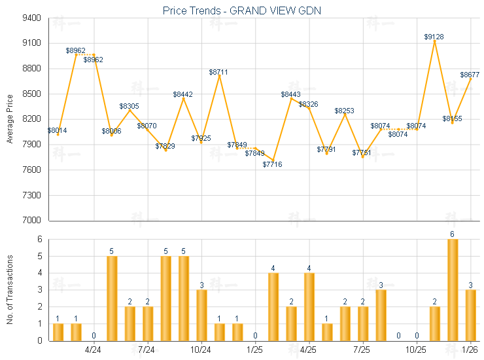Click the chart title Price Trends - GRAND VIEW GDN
[241, 10]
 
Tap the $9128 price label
[434, 37]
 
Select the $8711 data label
[219, 71]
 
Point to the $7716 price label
[273, 164]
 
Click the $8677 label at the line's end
[470, 75]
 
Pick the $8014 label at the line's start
[57, 130]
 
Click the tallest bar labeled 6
[453, 289]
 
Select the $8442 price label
[183, 94]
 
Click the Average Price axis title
[10, 119]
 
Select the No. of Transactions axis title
[10, 289]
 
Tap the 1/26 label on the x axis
[470, 350]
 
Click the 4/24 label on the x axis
[94, 350]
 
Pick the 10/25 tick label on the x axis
[417, 350]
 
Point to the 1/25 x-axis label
[255, 350]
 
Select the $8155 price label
[452, 118]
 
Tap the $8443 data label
[291, 94]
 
